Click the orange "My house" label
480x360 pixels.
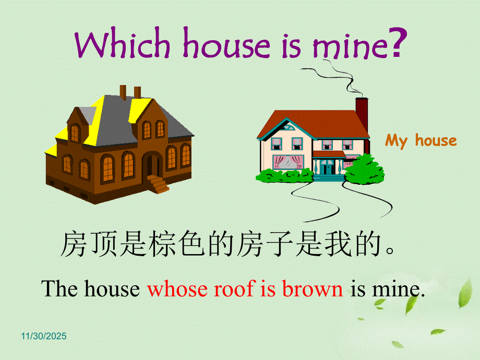coord(421,141)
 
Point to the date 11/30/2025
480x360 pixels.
coord(44,336)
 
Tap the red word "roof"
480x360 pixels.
coord(233,289)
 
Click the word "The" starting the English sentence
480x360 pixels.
coord(61,289)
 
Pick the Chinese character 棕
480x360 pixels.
coord(163,244)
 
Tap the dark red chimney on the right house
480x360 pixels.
coord(362,115)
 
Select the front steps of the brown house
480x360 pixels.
coord(158,184)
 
